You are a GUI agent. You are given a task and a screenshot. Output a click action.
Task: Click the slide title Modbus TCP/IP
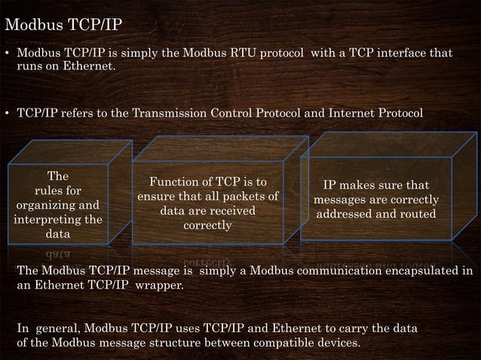63,25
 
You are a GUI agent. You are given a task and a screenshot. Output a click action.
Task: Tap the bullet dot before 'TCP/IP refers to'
7,114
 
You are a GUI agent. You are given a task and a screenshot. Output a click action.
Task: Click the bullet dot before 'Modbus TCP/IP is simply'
7,55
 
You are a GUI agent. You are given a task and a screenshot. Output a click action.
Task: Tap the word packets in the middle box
241,197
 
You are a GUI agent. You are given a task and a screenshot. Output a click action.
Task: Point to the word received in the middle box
230,211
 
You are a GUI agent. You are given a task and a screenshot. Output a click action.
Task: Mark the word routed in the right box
418,214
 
